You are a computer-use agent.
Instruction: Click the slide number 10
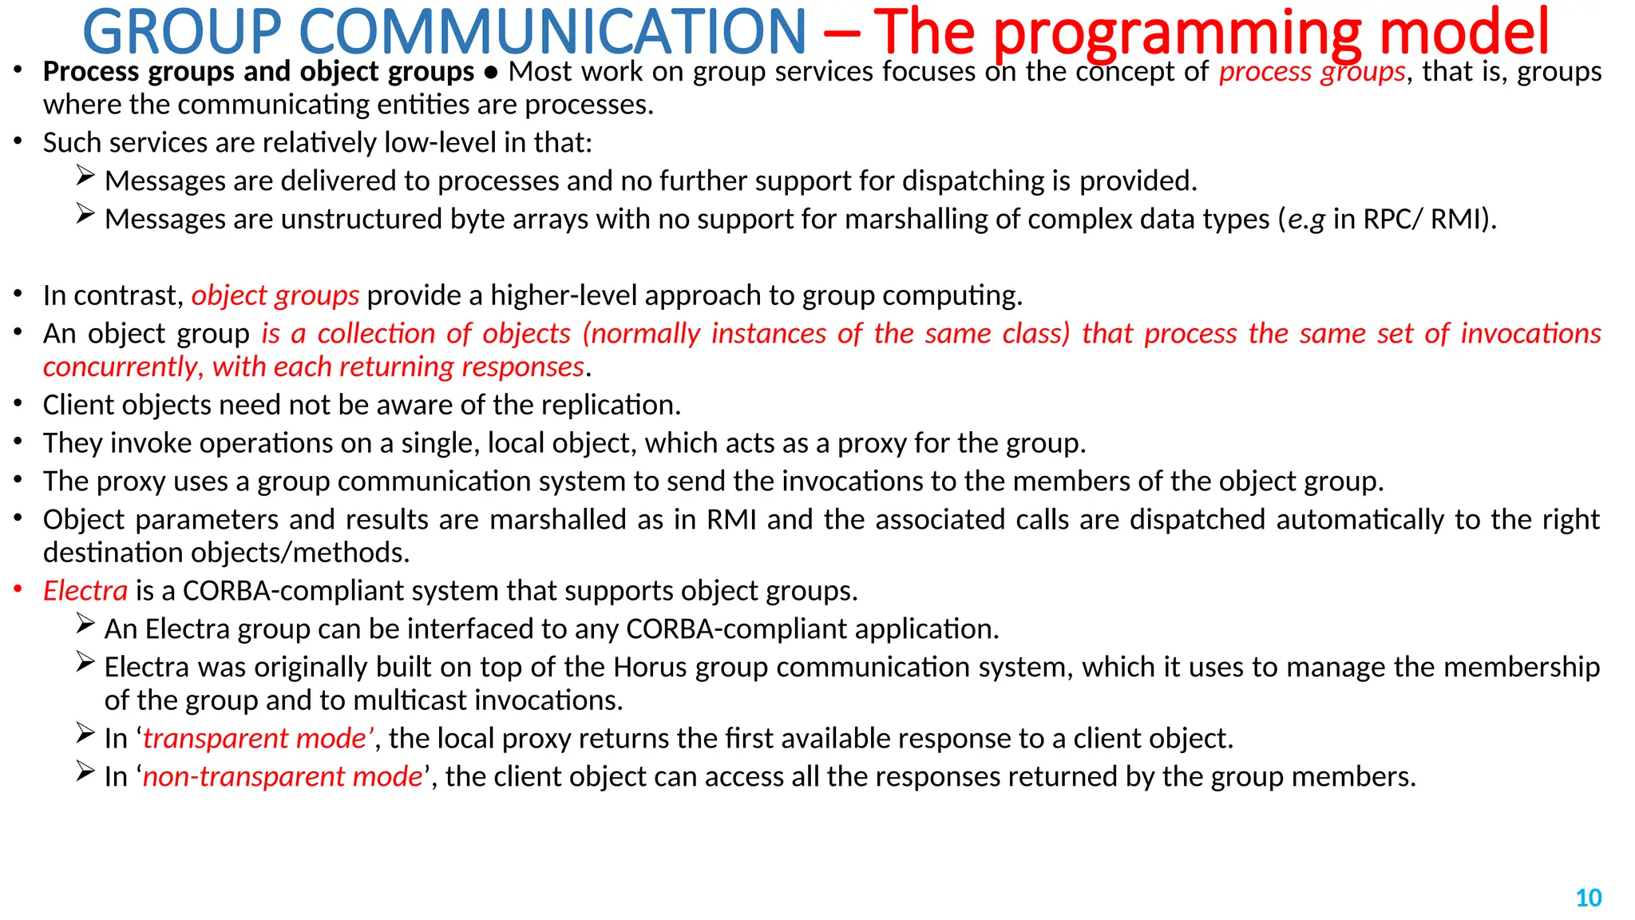tap(1588, 898)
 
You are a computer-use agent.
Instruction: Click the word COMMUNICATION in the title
tap(552, 32)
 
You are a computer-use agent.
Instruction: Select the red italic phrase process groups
tap(1312, 72)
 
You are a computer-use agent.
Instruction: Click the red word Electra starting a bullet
tap(85, 591)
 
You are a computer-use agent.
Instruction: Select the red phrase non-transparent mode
tap(283, 776)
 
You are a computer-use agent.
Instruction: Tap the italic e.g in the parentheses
tap(1306, 220)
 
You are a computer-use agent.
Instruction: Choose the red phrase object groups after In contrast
tap(275, 295)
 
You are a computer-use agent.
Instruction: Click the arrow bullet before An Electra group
tap(85, 624)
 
